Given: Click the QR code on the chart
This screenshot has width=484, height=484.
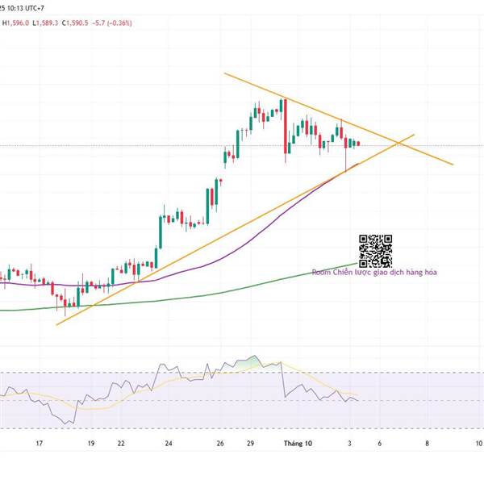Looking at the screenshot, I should pos(375,251).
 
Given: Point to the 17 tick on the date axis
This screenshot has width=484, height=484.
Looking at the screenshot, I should pos(38,443).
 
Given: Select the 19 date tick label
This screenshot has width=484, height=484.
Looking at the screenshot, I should pos(91,443).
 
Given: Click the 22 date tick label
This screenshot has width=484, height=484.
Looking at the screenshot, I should pos(120,443).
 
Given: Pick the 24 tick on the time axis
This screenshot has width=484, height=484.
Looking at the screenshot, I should pos(169,443).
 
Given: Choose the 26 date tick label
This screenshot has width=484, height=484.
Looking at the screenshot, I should pos(221,443).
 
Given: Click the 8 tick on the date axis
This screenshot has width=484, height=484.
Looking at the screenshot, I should pos(427,443).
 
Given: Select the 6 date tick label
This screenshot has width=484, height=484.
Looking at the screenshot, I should pos(379,443).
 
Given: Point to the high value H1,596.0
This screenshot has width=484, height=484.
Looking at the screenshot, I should pos(16,23).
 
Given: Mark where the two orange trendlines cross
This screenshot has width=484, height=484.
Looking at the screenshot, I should pos(399,143).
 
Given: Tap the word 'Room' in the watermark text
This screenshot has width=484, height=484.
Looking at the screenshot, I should pos(321,273).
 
